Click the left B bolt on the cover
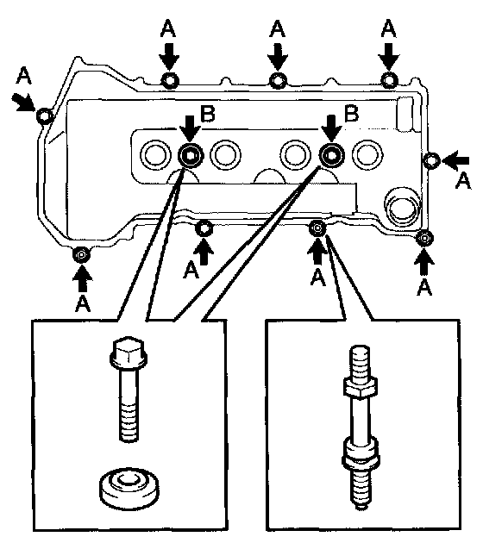click(x=191, y=155)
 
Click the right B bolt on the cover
click(x=331, y=155)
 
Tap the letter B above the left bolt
click(x=208, y=114)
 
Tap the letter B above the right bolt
click(x=351, y=113)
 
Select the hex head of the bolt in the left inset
click(x=129, y=352)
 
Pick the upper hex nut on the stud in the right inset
click(x=361, y=387)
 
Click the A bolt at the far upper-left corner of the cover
click(x=44, y=115)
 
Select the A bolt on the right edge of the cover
click(x=432, y=160)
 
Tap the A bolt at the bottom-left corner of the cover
click(x=81, y=255)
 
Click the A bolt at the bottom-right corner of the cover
click(x=424, y=238)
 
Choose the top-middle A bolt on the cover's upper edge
click(x=278, y=81)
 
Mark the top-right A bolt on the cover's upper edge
click(x=390, y=80)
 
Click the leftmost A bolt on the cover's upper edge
click(x=170, y=81)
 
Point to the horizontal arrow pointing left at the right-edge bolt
click(x=455, y=160)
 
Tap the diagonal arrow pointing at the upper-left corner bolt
click(x=24, y=102)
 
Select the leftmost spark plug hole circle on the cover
click(x=155, y=154)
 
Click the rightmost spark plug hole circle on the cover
click(x=367, y=154)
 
